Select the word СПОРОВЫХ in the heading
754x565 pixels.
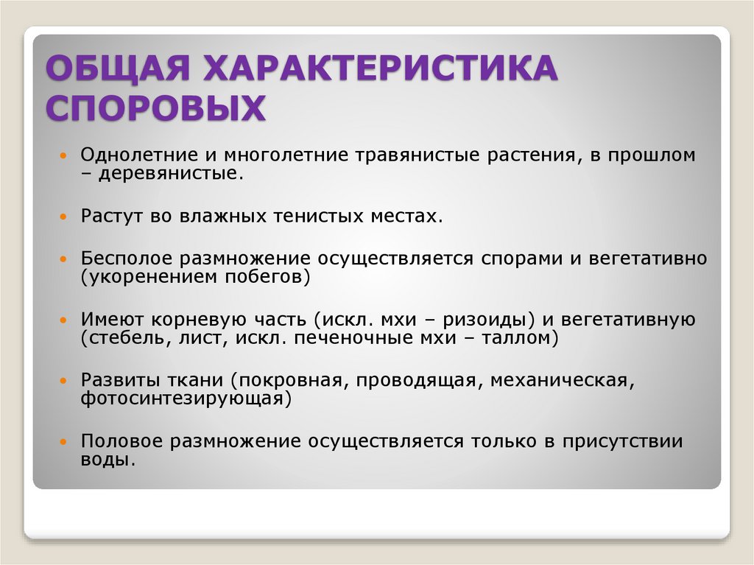(156, 108)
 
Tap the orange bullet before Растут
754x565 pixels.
(63, 219)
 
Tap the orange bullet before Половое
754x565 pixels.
(63, 444)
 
